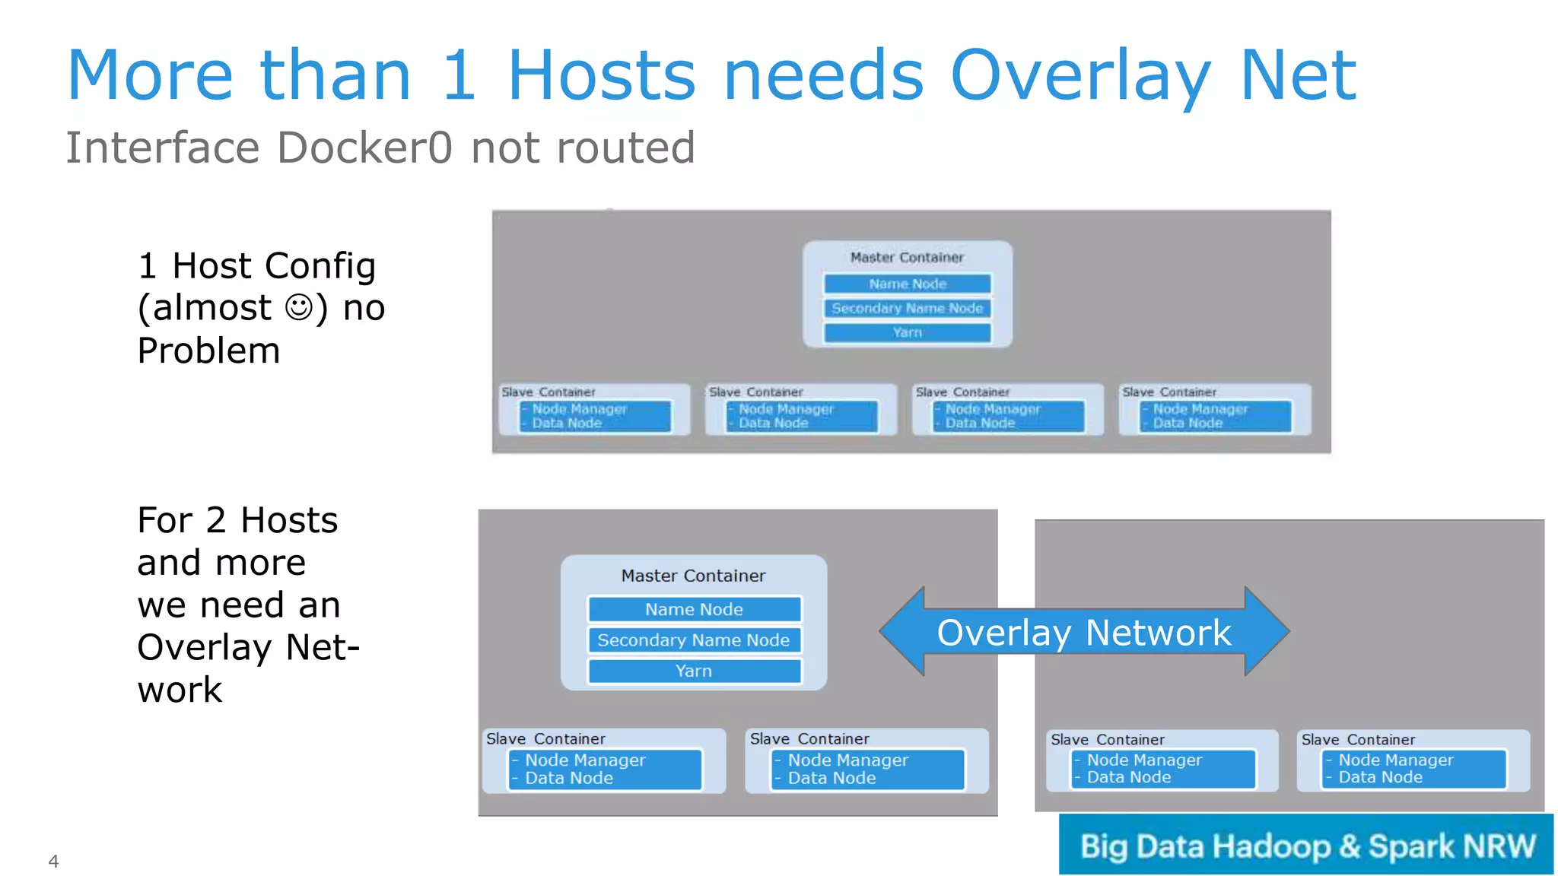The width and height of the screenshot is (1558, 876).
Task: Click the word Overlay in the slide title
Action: point(1080,76)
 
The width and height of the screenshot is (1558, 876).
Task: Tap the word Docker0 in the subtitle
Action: point(365,148)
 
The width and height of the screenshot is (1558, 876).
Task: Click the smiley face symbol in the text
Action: point(298,308)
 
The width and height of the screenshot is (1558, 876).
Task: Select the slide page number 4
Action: point(53,861)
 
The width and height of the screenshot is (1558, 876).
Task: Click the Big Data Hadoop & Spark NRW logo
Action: point(1306,846)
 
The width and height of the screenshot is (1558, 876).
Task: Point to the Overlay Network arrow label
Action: point(1083,633)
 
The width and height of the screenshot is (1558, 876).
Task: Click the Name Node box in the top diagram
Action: point(908,284)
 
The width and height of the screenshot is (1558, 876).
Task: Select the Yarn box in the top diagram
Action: point(908,332)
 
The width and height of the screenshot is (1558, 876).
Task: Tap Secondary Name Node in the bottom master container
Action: point(694,640)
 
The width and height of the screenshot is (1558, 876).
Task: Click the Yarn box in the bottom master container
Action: point(694,671)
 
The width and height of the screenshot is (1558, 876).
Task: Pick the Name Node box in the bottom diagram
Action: point(694,609)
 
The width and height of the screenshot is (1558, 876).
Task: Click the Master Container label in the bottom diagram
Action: point(693,576)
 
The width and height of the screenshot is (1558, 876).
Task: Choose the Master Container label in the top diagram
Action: point(907,258)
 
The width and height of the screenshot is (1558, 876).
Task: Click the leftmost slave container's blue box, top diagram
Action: point(595,416)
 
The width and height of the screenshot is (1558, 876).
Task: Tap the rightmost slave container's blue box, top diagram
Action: point(1215,416)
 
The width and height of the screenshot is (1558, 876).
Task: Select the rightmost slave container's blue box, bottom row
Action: point(1413,769)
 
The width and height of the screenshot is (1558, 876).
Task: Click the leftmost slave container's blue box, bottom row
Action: point(605,770)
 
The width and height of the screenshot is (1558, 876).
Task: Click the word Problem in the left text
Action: point(208,351)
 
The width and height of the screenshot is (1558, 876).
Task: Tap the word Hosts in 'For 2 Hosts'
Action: point(289,521)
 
